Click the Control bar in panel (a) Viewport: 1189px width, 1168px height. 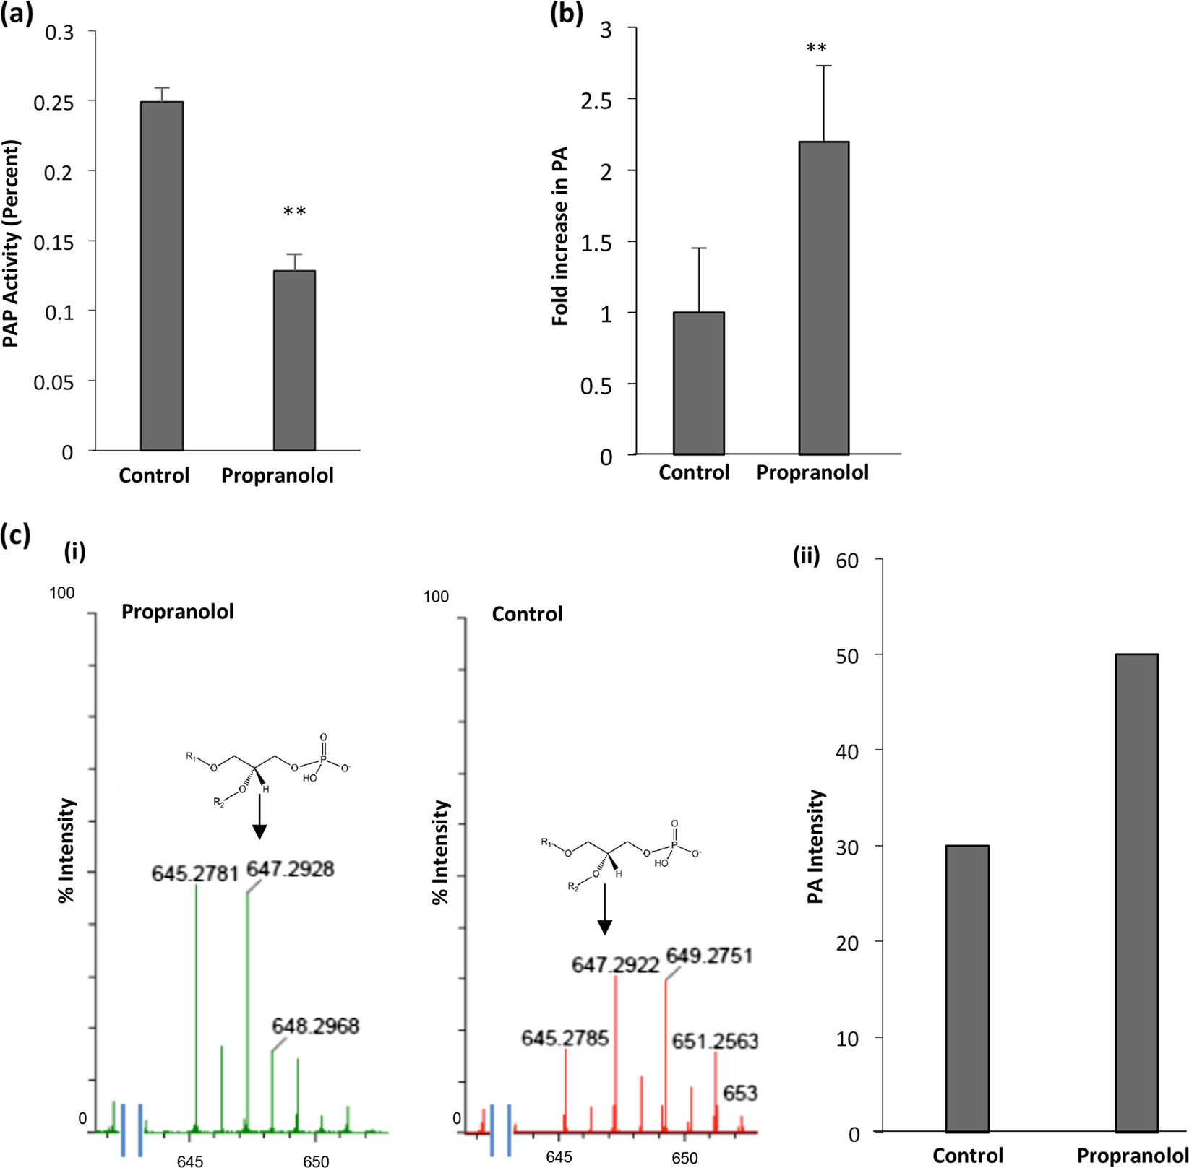coord(161,276)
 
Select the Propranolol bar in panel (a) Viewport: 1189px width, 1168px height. coord(294,360)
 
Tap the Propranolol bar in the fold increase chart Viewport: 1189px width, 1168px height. coord(823,298)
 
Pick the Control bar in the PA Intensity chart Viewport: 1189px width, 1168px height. coord(966,988)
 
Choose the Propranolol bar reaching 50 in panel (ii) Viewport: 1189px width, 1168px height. coord(1136,892)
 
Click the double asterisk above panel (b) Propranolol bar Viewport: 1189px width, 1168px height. coord(816,49)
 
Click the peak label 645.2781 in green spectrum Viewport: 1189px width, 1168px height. coord(194,874)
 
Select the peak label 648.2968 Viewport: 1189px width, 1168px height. coord(315,1026)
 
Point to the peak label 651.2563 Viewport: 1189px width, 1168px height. coord(715,1041)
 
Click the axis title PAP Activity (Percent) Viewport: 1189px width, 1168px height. coord(12,243)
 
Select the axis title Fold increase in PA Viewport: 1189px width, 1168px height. coord(559,236)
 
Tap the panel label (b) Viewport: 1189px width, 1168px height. coord(567,14)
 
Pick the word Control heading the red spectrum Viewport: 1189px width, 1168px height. coord(527,615)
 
